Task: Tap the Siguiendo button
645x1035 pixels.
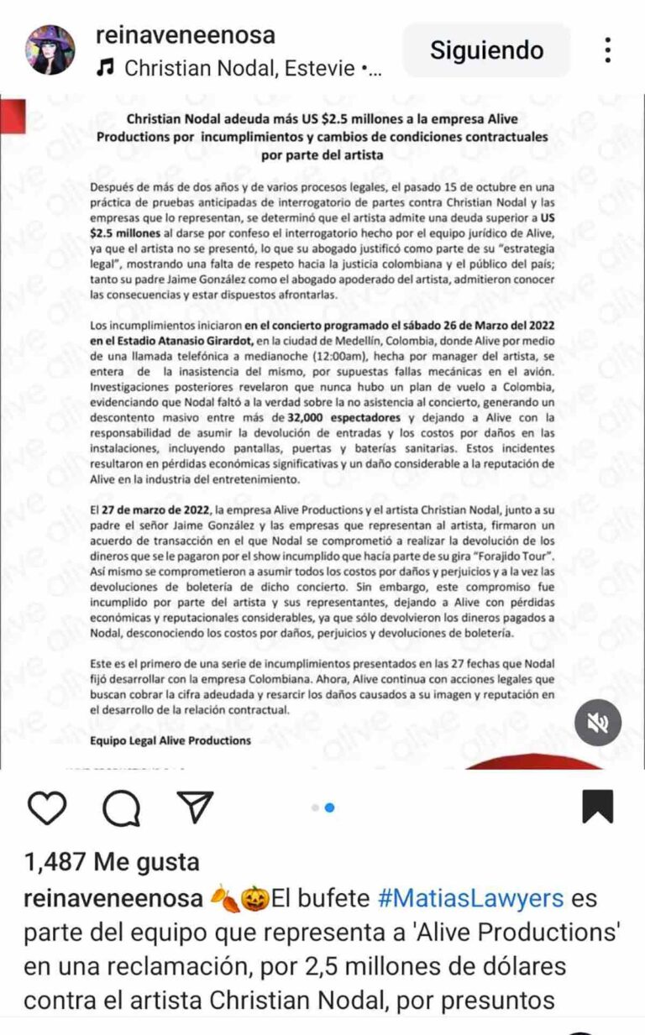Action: [x=486, y=50]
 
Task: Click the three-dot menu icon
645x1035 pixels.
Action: [x=607, y=50]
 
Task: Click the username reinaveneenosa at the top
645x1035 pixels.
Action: [x=186, y=35]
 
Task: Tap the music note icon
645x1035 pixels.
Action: [x=105, y=68]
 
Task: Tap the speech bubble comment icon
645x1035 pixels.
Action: [x=121, y=808]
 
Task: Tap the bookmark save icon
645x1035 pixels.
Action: [x=597, y=807]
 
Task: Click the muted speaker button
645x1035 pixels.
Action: [x=598, y=723]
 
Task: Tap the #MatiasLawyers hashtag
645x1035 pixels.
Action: [x=469, y=898]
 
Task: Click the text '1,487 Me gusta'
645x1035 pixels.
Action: [x=112, y=862]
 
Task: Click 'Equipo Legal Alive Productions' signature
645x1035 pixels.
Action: [x=170, y=740]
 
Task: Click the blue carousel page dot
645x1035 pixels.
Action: [x=330, y=808]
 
